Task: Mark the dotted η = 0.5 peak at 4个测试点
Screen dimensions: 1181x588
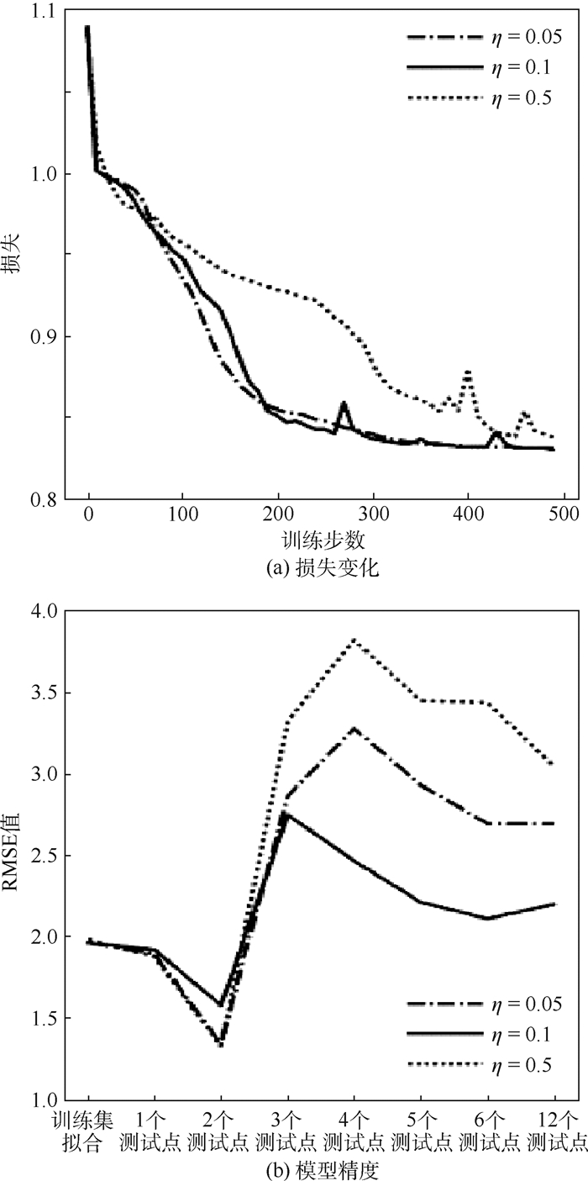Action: click(354, 640)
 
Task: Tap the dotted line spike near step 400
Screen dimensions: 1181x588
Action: click(467, 371)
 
